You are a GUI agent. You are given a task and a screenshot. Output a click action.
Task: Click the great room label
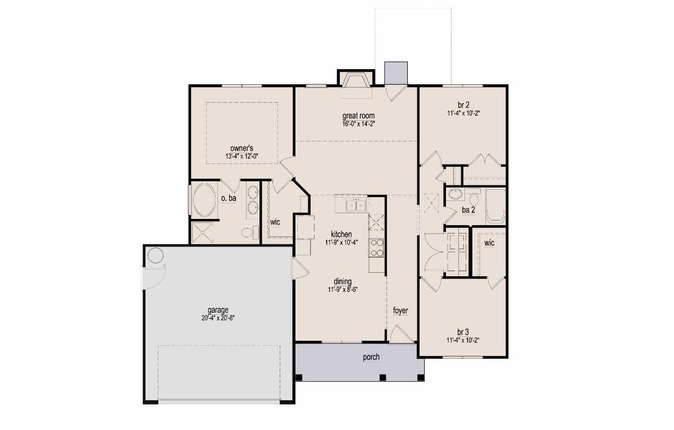pos(358,116)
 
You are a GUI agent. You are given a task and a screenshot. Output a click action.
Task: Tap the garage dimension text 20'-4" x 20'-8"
pos(218,318)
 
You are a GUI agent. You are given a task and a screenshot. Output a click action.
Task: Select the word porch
pos(371,357)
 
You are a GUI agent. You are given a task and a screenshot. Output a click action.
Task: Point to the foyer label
pos(400,310)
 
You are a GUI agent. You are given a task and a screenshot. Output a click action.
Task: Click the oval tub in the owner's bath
pos(204,200)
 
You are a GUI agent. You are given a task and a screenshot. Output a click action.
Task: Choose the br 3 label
pos(463,332)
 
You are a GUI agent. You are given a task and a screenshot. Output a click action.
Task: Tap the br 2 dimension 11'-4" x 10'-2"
pos(463,113)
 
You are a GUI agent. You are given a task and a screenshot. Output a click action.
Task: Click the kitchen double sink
pos(356,205)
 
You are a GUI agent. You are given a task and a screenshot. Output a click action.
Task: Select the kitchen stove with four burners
pos(376,248)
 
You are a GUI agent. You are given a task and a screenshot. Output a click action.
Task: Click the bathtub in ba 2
pos(495,206)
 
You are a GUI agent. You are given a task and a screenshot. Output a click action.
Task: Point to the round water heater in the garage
pos(156,255)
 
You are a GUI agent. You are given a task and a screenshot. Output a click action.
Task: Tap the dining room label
pos(343,281)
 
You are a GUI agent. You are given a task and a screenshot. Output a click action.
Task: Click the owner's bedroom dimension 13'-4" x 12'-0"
pos(242,157)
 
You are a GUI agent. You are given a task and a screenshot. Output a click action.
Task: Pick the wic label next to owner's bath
pos(275,222)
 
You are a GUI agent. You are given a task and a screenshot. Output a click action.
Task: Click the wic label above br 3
pos(489,243)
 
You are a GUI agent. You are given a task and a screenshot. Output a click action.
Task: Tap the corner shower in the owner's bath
pos(202,233)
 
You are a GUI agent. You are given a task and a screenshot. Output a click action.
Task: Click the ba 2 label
pos(468,210)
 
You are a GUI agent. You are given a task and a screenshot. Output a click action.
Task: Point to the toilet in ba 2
pos(474,197)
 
